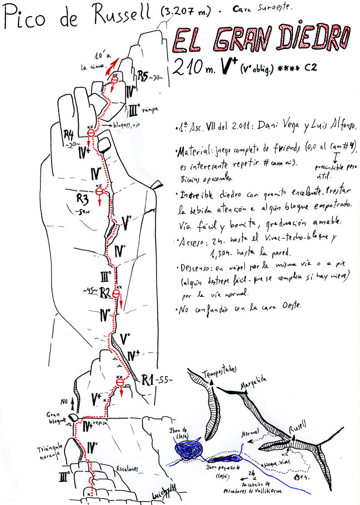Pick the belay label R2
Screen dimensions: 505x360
pyautogui.click(x=105, y=291)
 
